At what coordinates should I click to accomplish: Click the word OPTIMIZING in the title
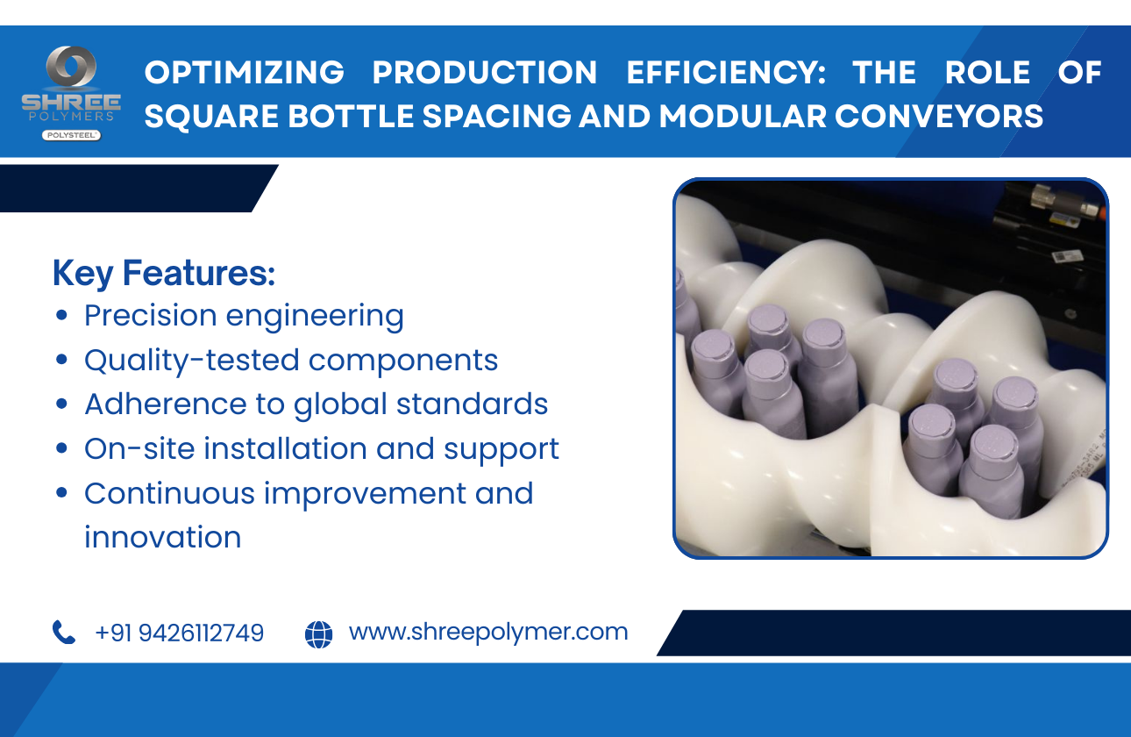point(245,73)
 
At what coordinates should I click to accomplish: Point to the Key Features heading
point(164,273)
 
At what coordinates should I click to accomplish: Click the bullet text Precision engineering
point(244,316)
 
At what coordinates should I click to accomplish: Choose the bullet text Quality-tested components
point(291,360)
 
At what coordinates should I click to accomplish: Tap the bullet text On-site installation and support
point(321,448)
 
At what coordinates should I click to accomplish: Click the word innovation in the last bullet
point(163,537)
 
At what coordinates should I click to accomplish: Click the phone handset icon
point(64,633)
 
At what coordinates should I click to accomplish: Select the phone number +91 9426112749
point(179,633)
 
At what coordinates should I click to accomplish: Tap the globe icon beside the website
point(319,633)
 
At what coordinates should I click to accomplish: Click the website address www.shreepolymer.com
point(488,632)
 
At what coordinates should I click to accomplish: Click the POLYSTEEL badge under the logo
point(71,135)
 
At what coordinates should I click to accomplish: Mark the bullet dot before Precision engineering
point(61,316)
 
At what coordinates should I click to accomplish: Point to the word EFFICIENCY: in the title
point(726,73)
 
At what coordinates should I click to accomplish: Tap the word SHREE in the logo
point(71,101)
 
